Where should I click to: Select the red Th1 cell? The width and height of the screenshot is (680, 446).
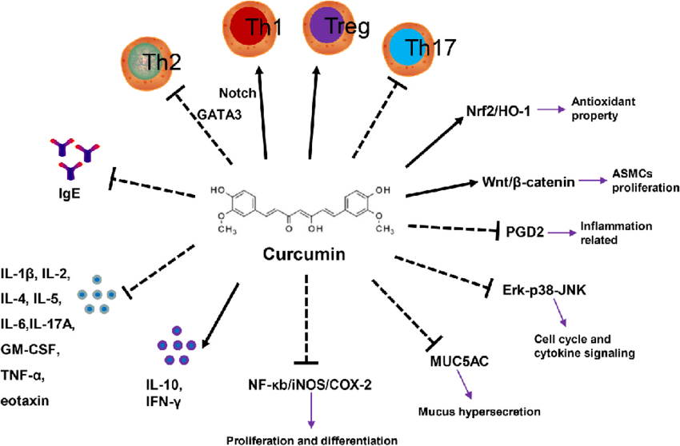tap(254, 26)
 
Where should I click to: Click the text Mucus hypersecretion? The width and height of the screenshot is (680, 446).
tap(479, 412)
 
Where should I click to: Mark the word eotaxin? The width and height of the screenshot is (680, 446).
tap(30, 399)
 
